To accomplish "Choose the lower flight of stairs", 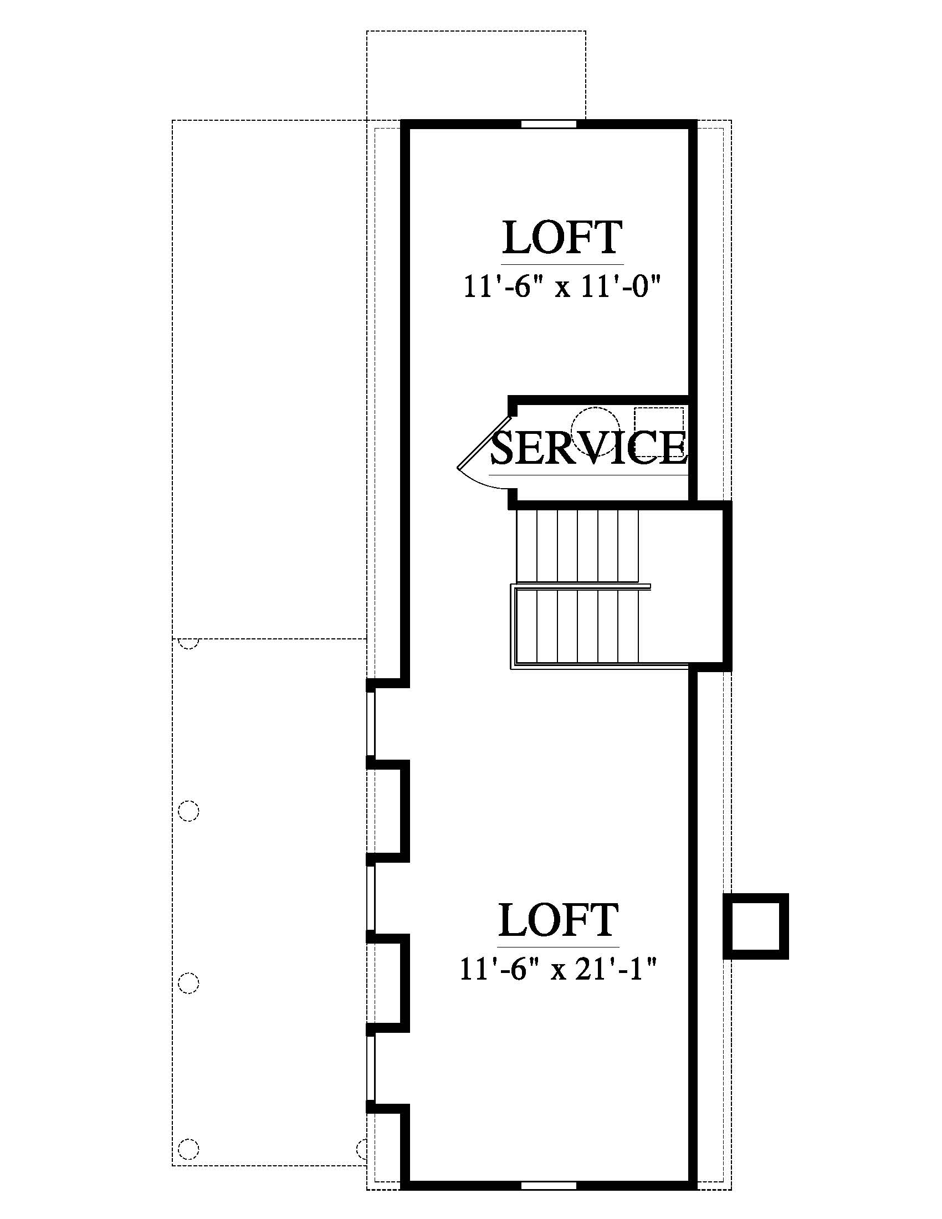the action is pyautogui.click(x=577, y=626).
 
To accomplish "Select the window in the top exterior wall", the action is pyautogui.click(x=549, y=124).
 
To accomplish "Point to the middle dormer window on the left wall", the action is pyautogui.click(x=371, y=898).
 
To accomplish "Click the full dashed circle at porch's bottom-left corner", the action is pyautogui.click(x=188, y=1148).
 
